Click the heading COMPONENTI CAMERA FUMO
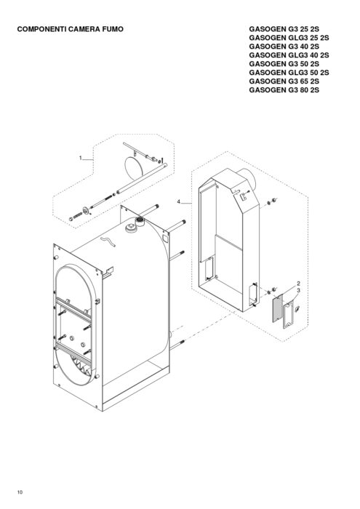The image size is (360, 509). (x=70, y=29)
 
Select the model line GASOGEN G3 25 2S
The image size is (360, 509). (x=284, y=29)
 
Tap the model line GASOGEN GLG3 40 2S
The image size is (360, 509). (x=289, y=55)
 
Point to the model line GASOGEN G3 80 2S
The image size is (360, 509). (x=284, y=90)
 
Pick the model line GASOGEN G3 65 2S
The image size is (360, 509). (x=284, y=81)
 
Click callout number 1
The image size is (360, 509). (x=81, y=158)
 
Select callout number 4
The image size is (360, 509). (x=178, y=201)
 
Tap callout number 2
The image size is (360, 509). (x=298, y=284)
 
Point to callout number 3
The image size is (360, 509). (x=298, y=290)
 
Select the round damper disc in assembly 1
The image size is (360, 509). (x=133, y=168)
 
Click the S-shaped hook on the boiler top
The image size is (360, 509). (x=108, y=241)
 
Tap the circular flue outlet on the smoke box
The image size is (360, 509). (x=249, y=179)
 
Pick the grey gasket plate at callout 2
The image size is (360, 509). (x=278, y=308)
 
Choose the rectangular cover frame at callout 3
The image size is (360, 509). (x=289, y=314)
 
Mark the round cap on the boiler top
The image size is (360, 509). (x=130, y=228)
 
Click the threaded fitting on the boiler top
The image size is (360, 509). (x=140, y=221)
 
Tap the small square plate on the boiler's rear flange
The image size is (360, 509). (x=165, y=239)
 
